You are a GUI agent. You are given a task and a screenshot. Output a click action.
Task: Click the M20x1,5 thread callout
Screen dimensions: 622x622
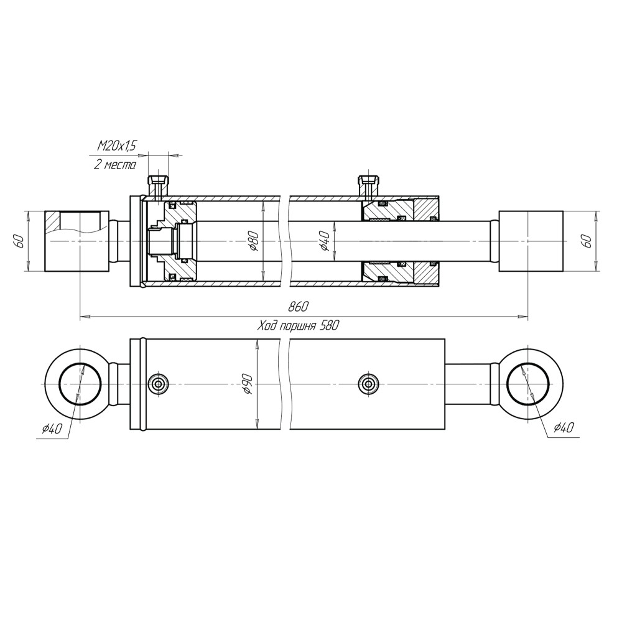[116, 146]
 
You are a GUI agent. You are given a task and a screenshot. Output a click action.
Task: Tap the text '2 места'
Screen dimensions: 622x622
[114, 165]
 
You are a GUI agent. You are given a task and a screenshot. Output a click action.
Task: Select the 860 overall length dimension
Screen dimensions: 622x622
[299, 307]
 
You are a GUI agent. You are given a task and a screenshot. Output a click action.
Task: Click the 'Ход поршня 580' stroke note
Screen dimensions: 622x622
[299, 326]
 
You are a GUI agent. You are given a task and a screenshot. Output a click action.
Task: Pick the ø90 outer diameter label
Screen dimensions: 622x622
[248, 384]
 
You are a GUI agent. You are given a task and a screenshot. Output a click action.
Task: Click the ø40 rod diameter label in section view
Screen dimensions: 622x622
[325, 241]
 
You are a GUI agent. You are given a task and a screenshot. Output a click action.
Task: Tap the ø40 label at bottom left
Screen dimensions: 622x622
[52, 429]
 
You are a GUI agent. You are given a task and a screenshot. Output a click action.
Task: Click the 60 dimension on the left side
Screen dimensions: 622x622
[21, 241]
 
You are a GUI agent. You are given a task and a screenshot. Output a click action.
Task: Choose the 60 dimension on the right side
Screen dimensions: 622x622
[588, 241]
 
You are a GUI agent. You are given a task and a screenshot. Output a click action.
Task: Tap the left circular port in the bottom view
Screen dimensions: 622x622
[158, 384]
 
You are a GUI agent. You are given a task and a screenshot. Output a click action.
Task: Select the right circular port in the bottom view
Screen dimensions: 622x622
[368, 384]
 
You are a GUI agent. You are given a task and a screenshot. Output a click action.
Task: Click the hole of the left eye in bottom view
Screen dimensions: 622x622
[80, 384]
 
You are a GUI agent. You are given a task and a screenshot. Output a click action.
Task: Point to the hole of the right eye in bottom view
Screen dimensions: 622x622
[527, 384]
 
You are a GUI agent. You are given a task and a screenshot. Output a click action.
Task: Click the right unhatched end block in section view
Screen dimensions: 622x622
[531, 241]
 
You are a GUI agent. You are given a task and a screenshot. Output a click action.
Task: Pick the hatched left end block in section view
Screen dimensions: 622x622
[77, 241]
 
